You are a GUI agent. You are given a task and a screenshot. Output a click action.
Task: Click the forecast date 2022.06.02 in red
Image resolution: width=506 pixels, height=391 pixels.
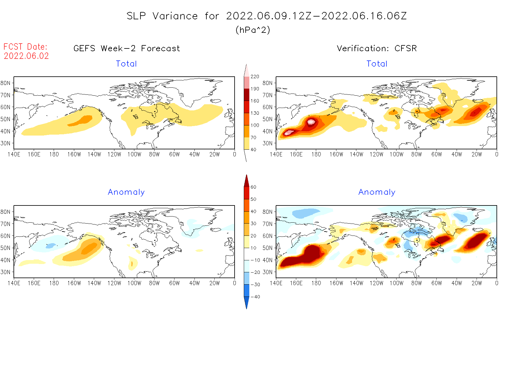pyautogui.click(x=26, y=56)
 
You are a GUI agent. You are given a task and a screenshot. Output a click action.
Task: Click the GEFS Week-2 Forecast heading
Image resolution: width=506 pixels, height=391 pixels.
pyautogui.click(x=127, y=48)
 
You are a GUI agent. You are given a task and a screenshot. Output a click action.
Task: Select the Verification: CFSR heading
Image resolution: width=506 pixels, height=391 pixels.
pyautogui.click(x=377, y=48)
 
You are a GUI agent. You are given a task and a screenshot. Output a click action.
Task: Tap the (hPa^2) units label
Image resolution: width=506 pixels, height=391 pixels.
pyautogui.click(x=253, y=30)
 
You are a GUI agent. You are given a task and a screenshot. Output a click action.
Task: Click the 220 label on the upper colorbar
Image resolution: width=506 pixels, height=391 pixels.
pyautogui.click(x=255, y=77)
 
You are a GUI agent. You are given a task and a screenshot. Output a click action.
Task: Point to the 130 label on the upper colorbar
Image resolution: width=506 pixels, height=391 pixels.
pyautogui.click(x=255, y=113)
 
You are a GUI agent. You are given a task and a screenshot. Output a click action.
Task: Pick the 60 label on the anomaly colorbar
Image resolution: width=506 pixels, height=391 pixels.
pyautogui.click(x=253, y=187)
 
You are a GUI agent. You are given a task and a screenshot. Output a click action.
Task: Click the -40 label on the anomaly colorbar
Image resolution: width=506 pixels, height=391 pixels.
pyautogui.click(x=255, y=297)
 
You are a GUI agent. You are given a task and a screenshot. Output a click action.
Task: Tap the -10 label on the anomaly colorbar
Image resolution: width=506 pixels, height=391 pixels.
pyautogui.click(x=255, y=260)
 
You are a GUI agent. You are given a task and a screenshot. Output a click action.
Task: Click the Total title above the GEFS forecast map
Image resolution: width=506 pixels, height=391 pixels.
pyautogui.click(x=126, y=64)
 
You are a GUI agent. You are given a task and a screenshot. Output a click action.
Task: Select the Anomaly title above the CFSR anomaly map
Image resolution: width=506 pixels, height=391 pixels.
pyautogui.click(x=377, y=192)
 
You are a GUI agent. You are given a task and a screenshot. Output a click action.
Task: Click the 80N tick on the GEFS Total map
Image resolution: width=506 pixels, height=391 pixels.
pyautogui.click(x=6, y=83)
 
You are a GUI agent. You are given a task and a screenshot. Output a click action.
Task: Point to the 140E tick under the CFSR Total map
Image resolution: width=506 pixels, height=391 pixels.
pyautogui.click(x=276, y=155)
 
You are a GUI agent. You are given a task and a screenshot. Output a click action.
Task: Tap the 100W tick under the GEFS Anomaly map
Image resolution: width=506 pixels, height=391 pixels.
pyautogui.click(x=134, y=283)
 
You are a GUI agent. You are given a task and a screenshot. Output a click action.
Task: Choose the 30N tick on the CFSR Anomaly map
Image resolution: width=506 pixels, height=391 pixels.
pyautogui.click(x=267, y=272)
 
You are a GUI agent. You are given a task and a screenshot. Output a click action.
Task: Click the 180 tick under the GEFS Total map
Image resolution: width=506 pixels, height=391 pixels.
pyautogui.click(x=54, y=155)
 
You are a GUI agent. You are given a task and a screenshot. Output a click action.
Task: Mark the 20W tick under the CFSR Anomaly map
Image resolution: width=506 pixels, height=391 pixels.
pyautogui.click(x=477, y=283)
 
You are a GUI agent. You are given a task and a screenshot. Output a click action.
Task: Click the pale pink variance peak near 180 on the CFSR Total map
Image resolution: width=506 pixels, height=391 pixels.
pyautogui.click(x=311, y=122)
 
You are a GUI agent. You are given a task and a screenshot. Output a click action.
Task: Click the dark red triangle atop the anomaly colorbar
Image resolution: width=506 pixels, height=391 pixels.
pyautogui.click(x=247, y=181)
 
